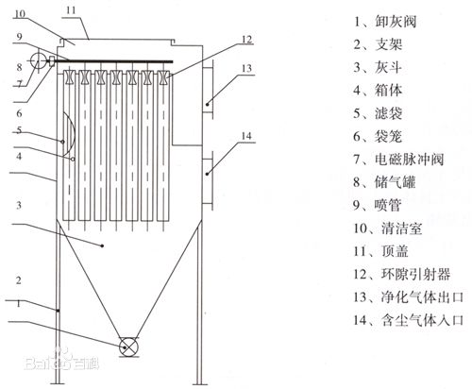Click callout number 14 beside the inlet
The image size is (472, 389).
coord(246,138)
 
